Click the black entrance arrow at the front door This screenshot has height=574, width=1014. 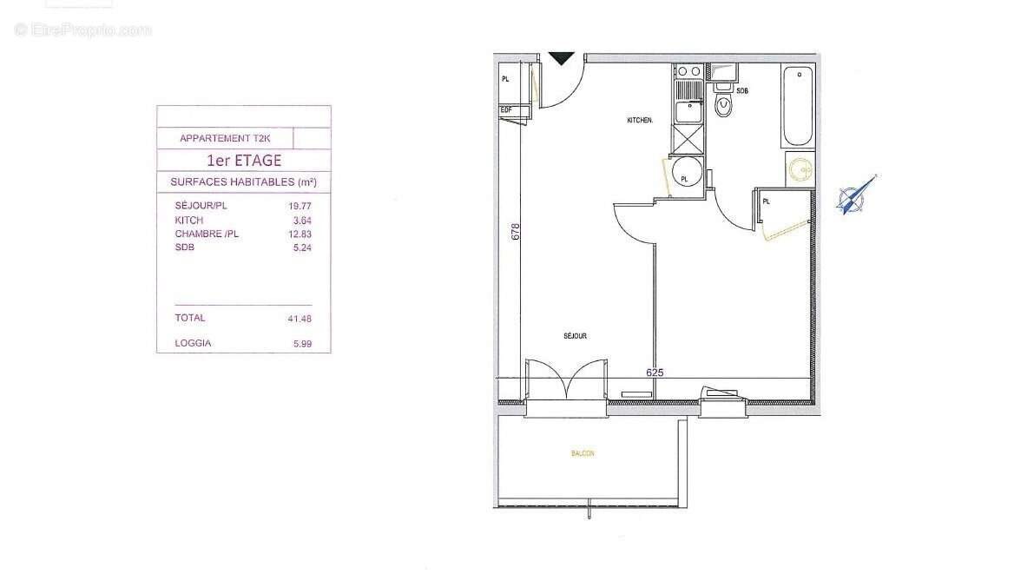point(563,58)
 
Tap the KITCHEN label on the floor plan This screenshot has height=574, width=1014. point(640,121)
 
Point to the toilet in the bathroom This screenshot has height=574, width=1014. point(722,106)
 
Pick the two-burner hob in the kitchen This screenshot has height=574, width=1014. point(690,71)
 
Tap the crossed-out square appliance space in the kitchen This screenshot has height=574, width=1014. point(690,138)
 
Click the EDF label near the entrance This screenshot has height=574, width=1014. point(506,109)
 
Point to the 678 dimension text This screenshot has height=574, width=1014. point(516,232)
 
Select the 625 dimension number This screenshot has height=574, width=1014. point(655,372)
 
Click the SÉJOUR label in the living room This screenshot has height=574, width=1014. point(575,335)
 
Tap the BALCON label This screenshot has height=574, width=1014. point(583,453)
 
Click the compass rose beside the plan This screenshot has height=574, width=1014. point(852,195)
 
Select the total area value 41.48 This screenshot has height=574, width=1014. point(299,319)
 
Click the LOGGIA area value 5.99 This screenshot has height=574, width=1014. point(302,344)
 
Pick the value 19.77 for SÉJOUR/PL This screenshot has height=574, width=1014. point(299,207)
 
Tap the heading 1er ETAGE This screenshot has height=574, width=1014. point(243,161)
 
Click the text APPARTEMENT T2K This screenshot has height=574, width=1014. point(225,138)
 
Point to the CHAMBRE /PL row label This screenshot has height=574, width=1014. point(207,234)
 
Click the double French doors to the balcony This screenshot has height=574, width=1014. point(565,383)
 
